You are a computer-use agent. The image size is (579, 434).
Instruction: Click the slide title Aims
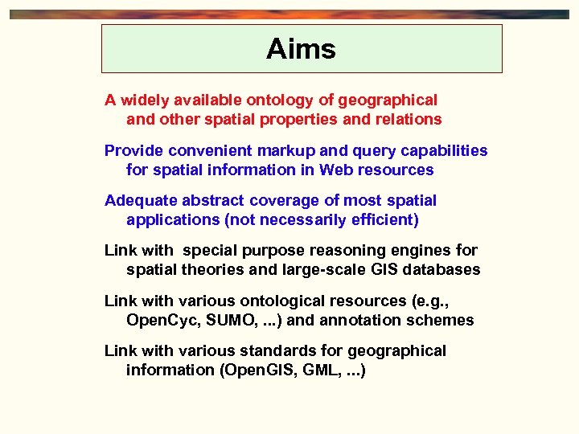point(301,49)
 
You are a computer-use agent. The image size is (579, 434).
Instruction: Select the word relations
point(409,120)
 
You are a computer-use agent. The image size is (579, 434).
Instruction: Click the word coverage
point(287,200)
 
